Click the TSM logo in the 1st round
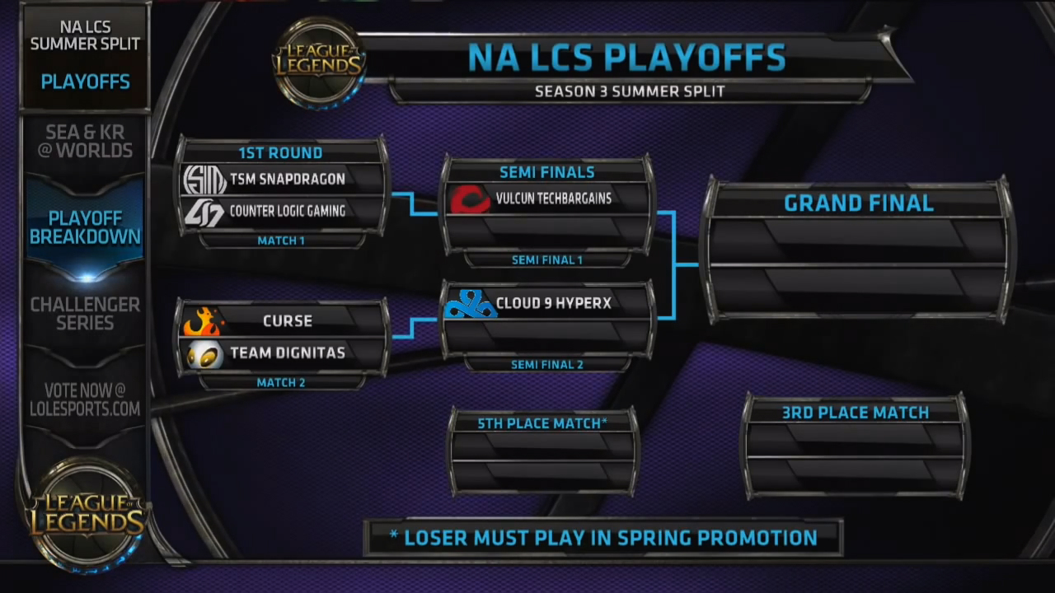(204, 180)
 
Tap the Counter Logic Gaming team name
(288, 211)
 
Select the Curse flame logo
(204, 321)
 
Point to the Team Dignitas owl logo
(204, 354)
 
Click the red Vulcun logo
(470, 199)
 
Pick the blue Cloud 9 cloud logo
(471, 304)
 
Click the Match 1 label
(281, 241)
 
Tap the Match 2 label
(281, 383)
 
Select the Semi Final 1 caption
(547, 260)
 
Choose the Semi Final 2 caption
(547, 365)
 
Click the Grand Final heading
(859, 203)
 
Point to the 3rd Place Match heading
(856, 413)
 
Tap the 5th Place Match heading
(542, 423)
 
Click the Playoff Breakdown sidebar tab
(85, 228)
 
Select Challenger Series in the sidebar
(85, 314)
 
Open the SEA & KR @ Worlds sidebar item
(85, 141)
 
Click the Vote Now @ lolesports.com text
(85, 400)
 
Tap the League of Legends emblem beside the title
(319, 63)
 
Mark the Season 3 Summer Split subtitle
(630, 91)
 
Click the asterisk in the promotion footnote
(394, 535)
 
